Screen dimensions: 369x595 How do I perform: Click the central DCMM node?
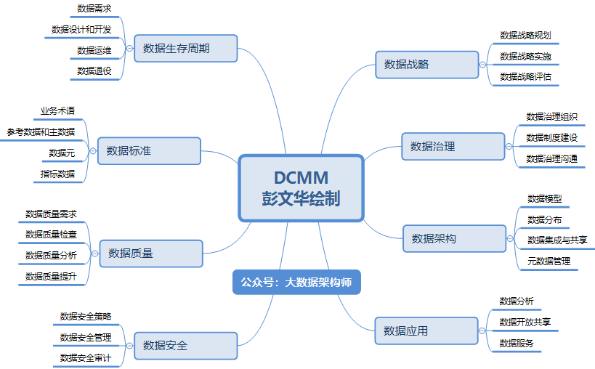coord(301,187)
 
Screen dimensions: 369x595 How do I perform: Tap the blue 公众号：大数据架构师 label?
coord(296,282)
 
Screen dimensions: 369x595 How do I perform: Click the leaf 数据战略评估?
coord(525,76)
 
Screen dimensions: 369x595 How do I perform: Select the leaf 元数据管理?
coord(549,261)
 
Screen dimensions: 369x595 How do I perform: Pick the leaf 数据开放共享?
coord(525,322)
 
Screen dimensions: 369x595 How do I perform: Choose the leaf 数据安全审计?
coord(85,357)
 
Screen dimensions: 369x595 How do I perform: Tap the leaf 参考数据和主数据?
coord(41,131)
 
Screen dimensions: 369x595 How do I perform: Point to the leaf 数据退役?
coord(95,70)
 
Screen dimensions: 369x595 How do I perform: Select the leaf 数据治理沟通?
coord(552,158)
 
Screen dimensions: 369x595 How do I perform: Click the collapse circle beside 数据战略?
coord(483,65)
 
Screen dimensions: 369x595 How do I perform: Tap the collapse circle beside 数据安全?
coord(129,345)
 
